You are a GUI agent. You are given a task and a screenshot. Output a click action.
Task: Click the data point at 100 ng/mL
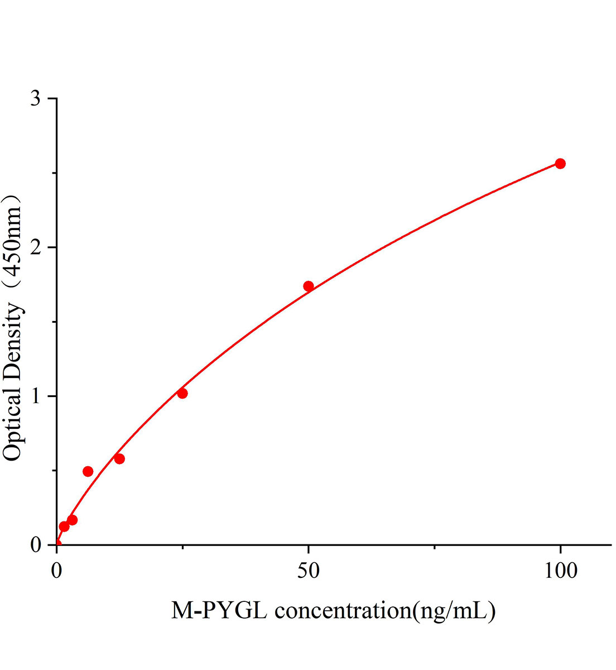click(x=560, y=164)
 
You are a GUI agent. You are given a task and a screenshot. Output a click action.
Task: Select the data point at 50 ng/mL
click(x=309, y=286)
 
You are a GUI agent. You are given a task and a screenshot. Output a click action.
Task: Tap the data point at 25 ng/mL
click(x=182, y=394)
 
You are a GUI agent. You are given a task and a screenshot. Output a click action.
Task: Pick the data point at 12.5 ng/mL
click(x=119, y=459)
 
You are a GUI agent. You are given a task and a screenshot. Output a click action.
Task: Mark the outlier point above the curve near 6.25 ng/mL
click(x=88, y=471)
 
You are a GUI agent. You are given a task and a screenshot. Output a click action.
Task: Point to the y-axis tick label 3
click(x=36, y=99)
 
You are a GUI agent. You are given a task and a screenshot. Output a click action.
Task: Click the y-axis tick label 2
click(x=36, y=247)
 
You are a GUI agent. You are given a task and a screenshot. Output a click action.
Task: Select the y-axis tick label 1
click(x=36, y=396)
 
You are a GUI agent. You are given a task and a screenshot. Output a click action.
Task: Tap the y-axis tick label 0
click(x=36, y=545)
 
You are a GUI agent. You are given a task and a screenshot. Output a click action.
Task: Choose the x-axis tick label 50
click(x=309, y=570)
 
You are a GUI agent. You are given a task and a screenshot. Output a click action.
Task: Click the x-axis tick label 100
click(x=560, y=570)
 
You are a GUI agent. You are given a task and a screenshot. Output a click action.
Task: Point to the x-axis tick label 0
click(x=57, y=570)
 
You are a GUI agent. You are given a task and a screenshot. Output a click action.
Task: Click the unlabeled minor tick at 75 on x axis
click(x=434, y=547)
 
